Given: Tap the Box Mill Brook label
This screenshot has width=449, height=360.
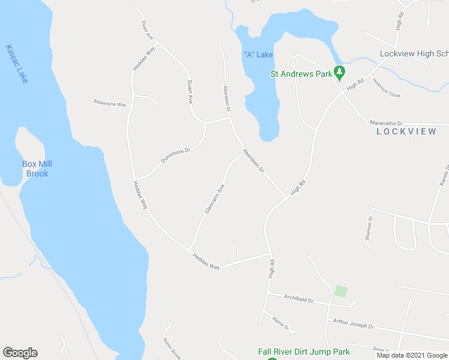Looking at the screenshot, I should tap(35, 169).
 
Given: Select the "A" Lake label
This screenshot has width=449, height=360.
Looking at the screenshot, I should tap(258, 55).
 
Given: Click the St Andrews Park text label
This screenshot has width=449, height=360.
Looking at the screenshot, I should tap(301, 75).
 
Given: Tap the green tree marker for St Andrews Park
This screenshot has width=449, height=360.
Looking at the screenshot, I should tap(340, 73).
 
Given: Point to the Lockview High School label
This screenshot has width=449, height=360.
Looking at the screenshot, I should tap(414, 54).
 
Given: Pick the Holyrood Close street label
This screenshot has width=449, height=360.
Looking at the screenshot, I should tap(386, 88).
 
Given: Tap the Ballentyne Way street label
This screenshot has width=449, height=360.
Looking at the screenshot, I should tap(110, 103).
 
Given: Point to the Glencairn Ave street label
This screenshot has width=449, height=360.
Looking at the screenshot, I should tap(214, 199).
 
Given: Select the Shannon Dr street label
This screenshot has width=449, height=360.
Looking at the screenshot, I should tap(369, 228).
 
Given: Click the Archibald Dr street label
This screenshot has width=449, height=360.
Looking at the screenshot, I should tap(299, 298).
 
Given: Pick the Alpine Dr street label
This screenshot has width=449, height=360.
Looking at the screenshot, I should tap(280, 324).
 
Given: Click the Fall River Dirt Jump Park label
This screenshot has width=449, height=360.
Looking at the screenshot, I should tap(304, 352).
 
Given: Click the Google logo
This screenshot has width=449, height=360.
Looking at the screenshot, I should tap(20, 353).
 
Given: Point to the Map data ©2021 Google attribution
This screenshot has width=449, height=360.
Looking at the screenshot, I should tap(412, 355).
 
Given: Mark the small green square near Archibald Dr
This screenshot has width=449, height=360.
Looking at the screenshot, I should tap(341, 291).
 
